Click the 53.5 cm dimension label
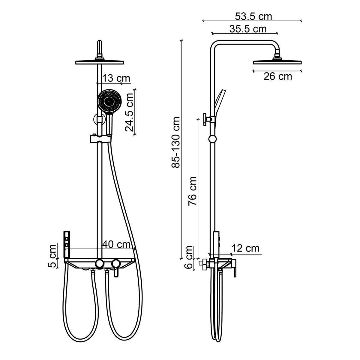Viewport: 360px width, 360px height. pyautogui.click(x=253, y=16)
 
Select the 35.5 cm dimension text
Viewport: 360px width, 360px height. pyautogui.click(x=248, y=29)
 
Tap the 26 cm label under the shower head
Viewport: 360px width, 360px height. pyautogui.click(x=277, y=76)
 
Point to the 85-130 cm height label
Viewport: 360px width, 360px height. pyautogui.click(x=175, y=142)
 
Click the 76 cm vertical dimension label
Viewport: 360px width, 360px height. pyautogui.click(x=192, y=191)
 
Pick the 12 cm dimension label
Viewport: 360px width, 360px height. pyautogui.click(x=245, y=248)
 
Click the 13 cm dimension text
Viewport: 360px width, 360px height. pyautogui.click(x=116, y=78)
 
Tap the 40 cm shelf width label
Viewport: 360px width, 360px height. pyautogui.click(x=116, y=244)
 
